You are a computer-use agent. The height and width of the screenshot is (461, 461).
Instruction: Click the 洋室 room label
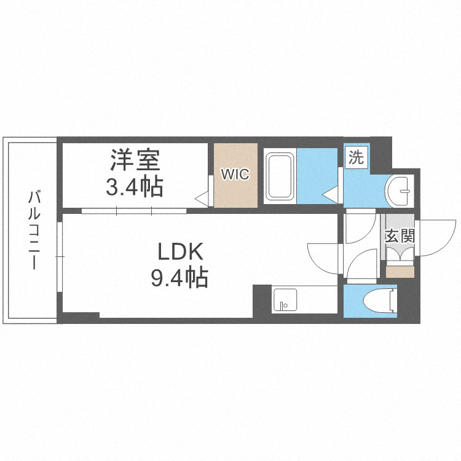coord(135,160)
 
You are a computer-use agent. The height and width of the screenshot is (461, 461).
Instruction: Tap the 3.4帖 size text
coord(135,186)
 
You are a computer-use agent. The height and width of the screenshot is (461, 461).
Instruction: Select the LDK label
coord(181,251)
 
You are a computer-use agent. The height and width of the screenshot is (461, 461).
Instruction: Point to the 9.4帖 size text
coord(179,277)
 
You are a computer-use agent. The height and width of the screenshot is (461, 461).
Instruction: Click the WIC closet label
coord(235,174)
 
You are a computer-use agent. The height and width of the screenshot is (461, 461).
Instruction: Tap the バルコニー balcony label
coord(34,230)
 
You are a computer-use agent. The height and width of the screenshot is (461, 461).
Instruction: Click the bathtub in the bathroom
coord(280,176)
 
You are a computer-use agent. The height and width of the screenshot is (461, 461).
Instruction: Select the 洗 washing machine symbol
coord(357,159)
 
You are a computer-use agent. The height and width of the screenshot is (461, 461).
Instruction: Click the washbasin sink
coord(400,191)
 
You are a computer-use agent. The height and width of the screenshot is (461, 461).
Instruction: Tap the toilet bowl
coord(379,301)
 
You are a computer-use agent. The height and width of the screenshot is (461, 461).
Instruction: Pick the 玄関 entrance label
coord(400,236)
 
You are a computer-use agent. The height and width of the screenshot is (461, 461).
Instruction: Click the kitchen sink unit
coord(285,299)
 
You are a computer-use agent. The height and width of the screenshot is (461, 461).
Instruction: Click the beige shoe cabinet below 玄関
coord(400,272)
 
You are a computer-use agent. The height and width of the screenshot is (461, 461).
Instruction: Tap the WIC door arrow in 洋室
coord(202,198)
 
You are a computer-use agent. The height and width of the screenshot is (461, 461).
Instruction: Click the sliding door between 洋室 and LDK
coord(134,211)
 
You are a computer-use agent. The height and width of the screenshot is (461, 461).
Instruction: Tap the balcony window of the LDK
coord(60,257)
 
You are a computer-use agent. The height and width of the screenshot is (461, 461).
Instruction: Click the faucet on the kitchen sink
coord(283,305)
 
